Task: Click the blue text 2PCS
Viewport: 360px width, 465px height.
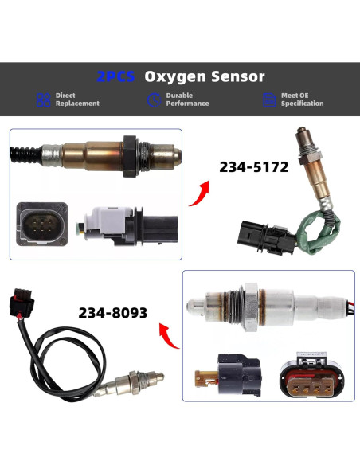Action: click(x=115, y=77)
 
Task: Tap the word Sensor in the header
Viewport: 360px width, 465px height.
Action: click(x=236, y=77)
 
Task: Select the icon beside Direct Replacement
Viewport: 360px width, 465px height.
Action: click(x=43, y=100)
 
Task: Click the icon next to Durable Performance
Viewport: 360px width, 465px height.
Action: click(x=155, y=100)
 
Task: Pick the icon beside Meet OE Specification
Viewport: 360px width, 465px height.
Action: click(x=268, y=100)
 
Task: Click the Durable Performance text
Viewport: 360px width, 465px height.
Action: click(x=187, y=100)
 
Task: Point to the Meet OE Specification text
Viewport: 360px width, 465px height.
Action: click(x=302, y=100)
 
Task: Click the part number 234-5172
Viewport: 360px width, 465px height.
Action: click(x=253, y=168)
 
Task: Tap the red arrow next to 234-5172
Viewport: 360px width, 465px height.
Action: click(x=202, y=193)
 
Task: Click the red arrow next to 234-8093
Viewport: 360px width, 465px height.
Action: click(x=168, y=335)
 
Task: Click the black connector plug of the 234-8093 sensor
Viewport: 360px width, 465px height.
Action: click(x=20, y=303)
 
